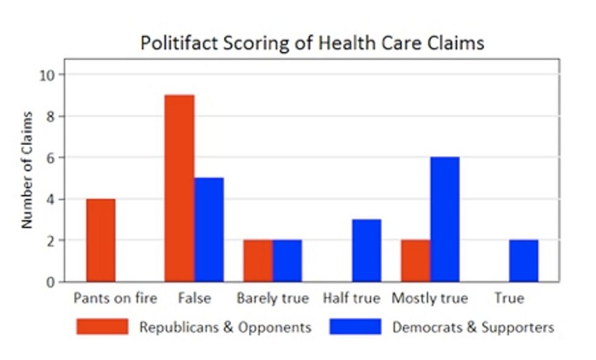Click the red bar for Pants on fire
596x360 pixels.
click(x=101, y=240)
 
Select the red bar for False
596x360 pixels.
click(x=179, y=189)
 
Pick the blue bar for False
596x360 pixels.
click(x=209, y=230)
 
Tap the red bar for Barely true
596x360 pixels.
click(x=258, y=261)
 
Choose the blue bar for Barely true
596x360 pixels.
click(x=287, y=261)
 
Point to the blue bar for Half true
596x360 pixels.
click(x=366, y=251)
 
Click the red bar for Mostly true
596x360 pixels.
click(x=415, y=261)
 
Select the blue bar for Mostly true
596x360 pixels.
click(x=445, y=220)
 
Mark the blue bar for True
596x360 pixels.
click(x=524, y=261)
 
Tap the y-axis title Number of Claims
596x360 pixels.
click(x=27, y=170)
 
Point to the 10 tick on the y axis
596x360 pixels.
click(x=48, y=75)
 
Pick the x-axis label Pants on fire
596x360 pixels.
click(x=115, y=299)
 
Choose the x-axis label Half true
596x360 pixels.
click(x=352, y=299)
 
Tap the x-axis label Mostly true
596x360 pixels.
click(x=430, y=299)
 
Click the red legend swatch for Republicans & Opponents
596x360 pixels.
click(x=102, y=327)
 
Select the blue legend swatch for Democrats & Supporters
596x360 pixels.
click(x=355, y=327)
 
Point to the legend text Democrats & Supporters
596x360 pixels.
click(x=473, y=327)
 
